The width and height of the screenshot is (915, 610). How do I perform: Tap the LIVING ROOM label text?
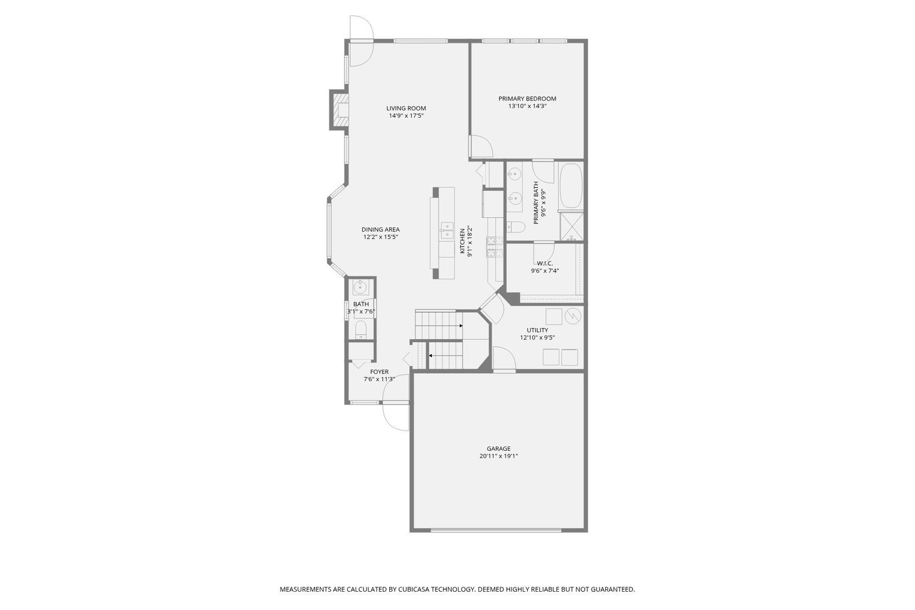coord(406,109)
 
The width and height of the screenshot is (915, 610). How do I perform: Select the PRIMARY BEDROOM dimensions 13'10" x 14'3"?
coord(527,106)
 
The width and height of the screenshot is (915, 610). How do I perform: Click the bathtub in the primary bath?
coord(571,185)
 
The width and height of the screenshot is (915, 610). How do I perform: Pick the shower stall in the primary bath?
coord(572,226)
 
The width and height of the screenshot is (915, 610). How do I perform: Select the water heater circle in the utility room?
coord(573,316)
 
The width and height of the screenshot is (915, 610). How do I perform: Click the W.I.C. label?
coord(545,264)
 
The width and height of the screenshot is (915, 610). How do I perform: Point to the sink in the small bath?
coord(361,287)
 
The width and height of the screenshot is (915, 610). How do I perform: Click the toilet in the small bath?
coord(361,330)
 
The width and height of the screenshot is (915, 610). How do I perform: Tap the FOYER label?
coord(379,371)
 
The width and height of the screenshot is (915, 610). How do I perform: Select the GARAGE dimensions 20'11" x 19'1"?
coord(498,456)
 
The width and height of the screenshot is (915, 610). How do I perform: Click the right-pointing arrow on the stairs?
coord(461,326)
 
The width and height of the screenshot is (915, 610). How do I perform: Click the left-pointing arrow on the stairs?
coord(431,355)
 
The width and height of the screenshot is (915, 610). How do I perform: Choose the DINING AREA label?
coord(381,229)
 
